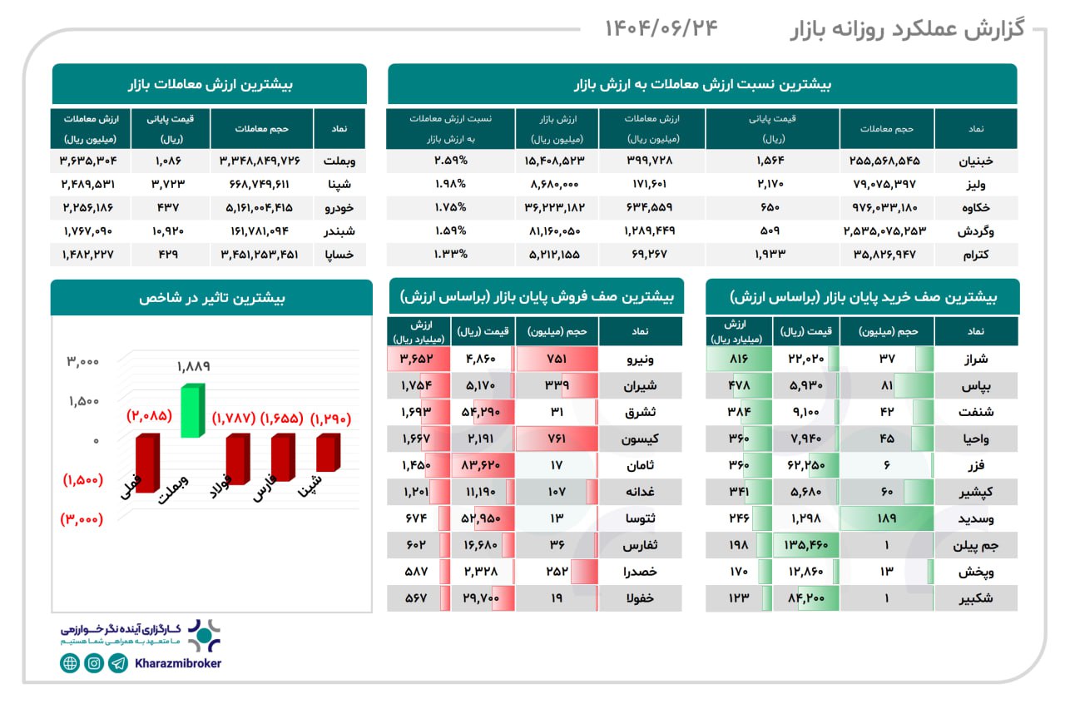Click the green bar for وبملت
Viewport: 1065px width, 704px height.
pos(191,411)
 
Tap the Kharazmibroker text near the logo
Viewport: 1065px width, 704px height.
pos(177,663)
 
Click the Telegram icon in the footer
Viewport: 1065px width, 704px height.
pos(119,663)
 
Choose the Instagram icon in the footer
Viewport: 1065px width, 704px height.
pos(94,663)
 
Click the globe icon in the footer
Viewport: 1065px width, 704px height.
pos(70,663)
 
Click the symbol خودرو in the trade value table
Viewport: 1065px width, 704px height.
pos(339,206)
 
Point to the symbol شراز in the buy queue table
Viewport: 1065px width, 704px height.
pos(976,359)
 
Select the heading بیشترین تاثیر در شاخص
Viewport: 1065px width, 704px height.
pos(211,297)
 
